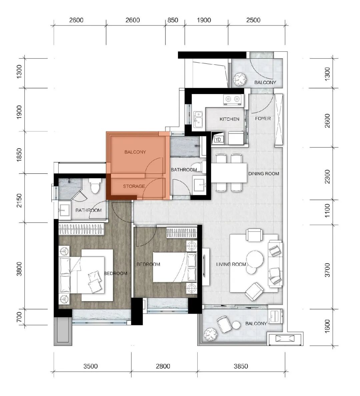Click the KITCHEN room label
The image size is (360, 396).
coord(229,119)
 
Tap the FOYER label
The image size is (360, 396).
coord(263,118)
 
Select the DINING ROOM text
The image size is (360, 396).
coord(263,173)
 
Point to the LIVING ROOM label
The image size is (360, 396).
coord(231,265)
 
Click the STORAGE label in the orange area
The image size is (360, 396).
coord(134,186)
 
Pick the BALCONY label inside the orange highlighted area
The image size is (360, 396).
coord(135,152)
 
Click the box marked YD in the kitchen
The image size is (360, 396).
coord(218,139)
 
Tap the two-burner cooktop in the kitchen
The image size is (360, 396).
coord(232,99)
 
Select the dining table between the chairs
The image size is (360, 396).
coord(229,172)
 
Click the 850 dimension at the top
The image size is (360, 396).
coord(173,20)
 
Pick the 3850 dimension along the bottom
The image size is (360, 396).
coord(240,366)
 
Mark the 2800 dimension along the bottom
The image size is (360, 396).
coord(163,366)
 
